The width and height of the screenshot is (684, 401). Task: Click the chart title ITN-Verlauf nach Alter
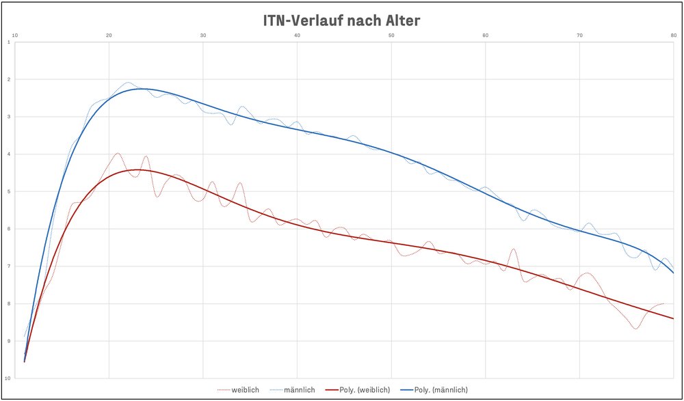pyautogui.click(x=341, y=20)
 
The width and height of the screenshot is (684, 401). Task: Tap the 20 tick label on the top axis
pyautogui.click(x=109, y=34)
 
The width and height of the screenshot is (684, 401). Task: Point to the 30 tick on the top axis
pyautogui.click(x=203, y=34)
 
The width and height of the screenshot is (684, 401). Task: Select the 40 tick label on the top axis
pyautogui.click(x=297, y=34)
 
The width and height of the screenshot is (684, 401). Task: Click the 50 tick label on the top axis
pyautogui.click(x=391, y=34)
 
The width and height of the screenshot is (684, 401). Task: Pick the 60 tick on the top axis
pyautogui.click(x=485, y=34)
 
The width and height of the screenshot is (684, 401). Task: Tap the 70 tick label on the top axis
pyautogui.click(x=579, y=34)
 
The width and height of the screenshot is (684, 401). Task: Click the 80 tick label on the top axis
pyautogui.click(x=673, y=34)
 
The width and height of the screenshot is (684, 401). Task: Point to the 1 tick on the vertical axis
pyautogui.click(x=8, y=42)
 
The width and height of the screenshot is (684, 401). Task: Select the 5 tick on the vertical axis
pyautogui.click(x=8, y=191)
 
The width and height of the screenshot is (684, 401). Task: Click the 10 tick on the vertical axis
pyautogui.click(x=8, y=378)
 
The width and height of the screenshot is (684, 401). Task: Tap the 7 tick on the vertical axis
pyautogui.click(x=8, y=266)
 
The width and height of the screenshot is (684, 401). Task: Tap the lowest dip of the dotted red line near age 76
pyautogui.click(x=635, y=329)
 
